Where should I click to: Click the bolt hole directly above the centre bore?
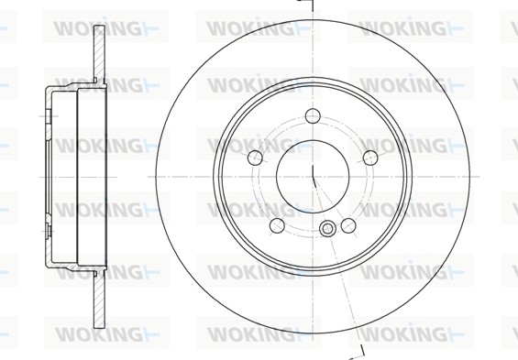(x=313, y=116)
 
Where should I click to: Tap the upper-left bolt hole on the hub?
(x=256, y=157)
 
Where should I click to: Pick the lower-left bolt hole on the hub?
(x=277, y=224)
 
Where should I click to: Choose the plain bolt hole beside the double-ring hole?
(x=348, y=224)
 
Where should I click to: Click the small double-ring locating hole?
(x=327, y=229)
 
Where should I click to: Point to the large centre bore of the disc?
(x=313, y=174)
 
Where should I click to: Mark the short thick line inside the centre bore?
(x=314, y=177)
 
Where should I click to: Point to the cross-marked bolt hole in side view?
(x=43, y=115)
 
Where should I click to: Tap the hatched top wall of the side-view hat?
(x=69, y=90)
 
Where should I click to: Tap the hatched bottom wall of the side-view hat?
(x=69, y=262)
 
